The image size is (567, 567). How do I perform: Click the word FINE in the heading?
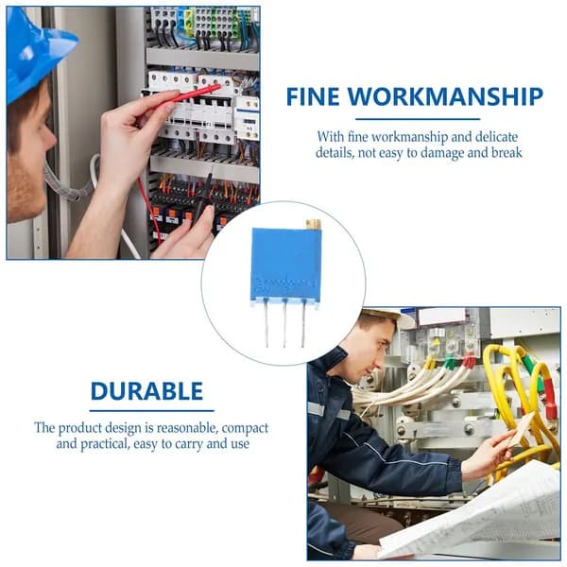click(313, 96)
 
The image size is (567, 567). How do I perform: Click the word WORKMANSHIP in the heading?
click(445, 96)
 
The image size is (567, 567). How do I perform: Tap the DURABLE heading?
click(146, 391)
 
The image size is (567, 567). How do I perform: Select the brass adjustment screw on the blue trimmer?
click(313, 224)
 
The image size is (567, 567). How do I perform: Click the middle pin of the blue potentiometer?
click(285, 323)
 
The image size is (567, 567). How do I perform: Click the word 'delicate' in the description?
click(496, 137)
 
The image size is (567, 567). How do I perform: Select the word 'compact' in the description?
click(245, 428)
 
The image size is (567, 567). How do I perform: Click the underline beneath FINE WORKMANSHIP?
click(418, 119)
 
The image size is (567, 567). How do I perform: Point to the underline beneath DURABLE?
click(152, 411)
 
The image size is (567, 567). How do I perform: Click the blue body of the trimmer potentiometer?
click(285, 264)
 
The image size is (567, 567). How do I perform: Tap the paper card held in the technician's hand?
click(522, 429)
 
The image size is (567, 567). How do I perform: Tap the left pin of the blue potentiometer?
click(266, 323)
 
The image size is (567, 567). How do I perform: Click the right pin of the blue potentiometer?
click(303, 323)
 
